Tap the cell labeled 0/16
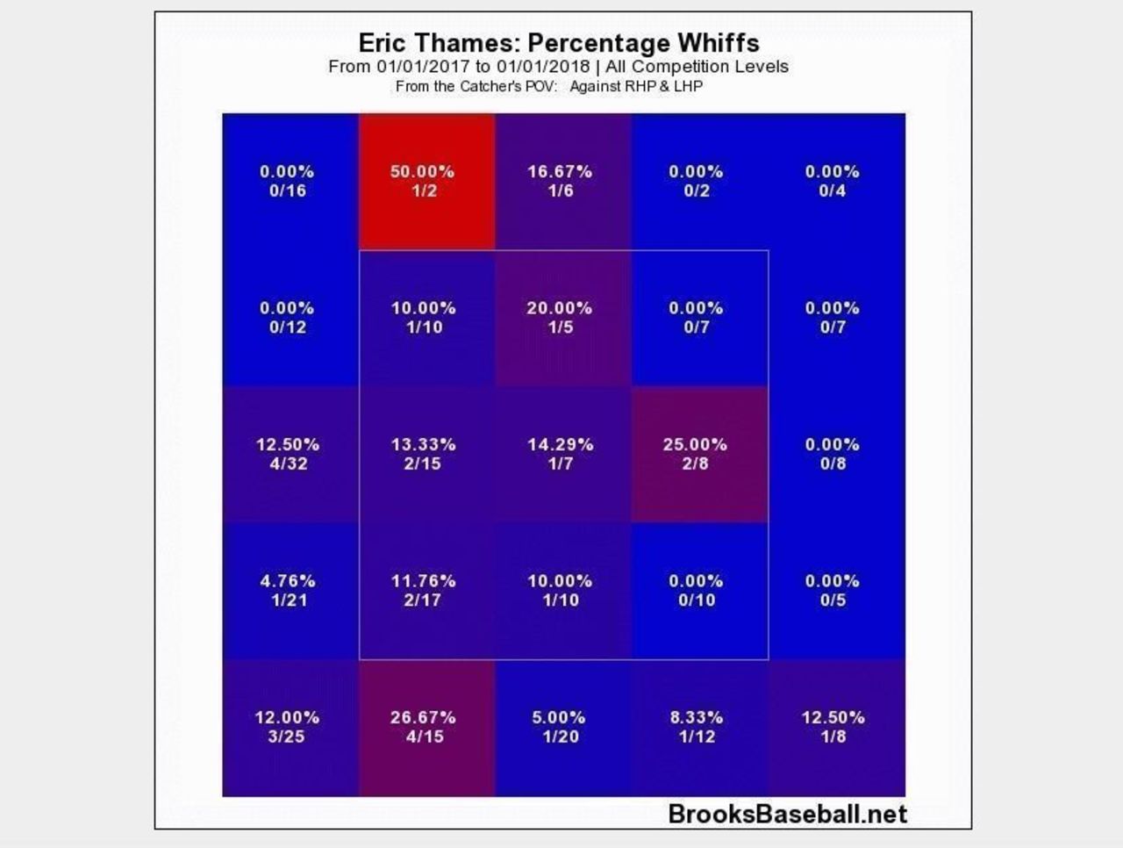tap(289, 182)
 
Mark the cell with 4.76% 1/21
tap(289, 591)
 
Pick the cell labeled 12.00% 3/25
tap(289, 727)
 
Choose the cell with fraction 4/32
tap(289, 454)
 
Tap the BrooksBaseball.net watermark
tap(787, 814)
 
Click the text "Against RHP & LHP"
tap(636, 86)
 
